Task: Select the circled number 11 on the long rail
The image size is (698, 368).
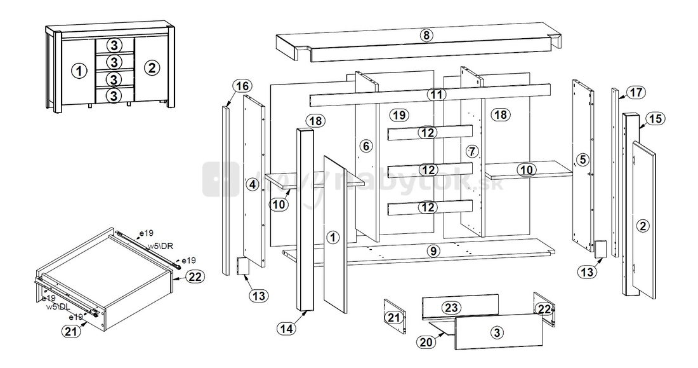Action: pos(435,95)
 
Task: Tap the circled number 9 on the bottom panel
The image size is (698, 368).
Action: pos(433,251)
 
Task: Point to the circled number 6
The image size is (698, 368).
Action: pos(365,146)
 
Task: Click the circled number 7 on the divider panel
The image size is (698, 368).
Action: pos(470,151)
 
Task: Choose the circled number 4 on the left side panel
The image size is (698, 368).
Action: pos(253,184)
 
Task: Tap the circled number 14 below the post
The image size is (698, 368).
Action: pos(286,328)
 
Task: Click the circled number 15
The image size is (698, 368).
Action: pos(655,118)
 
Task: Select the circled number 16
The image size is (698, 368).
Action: pos(242,86)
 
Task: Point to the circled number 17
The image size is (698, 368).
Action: pos(636,92)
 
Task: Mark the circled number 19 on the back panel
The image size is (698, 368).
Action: pos(398,115)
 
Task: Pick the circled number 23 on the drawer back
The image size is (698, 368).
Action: pos(451,308)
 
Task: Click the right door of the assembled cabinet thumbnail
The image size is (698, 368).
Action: pos(151,67)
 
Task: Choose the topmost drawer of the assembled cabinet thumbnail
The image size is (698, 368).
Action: pos(114,45)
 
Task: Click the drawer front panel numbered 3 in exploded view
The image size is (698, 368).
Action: pos(498,332)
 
